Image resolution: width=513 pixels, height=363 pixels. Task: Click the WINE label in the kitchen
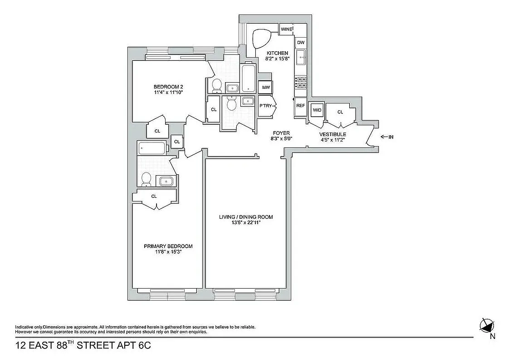286,29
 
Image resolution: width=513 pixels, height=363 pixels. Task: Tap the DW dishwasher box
301,43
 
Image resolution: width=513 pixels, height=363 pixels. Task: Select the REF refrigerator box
300,106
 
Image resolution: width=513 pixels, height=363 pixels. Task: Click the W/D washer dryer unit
316,109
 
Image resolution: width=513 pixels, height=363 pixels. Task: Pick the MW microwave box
266,88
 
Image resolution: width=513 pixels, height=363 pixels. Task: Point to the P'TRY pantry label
265,106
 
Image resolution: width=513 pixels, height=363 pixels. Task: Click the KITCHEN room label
277,53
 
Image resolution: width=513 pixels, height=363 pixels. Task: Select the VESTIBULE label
332,134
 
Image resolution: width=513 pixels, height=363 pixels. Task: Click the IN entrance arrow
386,137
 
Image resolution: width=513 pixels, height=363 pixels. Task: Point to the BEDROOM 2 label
168,87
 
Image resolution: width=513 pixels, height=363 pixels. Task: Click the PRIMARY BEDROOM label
168,246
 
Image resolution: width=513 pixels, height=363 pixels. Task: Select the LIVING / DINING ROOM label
246,217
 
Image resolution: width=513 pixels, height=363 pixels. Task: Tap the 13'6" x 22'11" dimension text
246,223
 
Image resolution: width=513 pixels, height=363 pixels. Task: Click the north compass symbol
487,325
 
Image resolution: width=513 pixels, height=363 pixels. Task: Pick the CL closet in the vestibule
340,112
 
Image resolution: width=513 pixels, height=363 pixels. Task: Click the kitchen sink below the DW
301,58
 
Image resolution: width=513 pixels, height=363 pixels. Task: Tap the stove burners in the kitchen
301,82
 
